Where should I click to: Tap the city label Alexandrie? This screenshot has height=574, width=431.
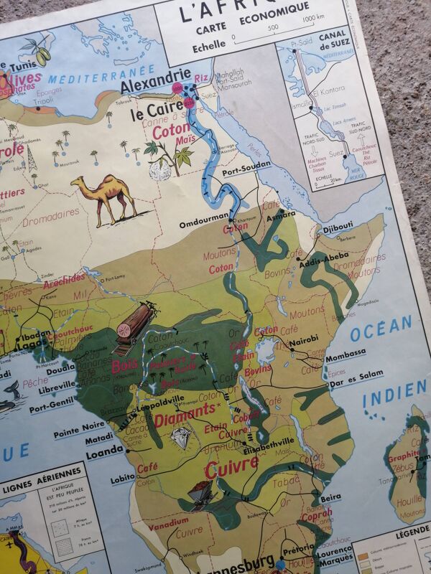156,86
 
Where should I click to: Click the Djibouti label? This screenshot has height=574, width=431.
338,227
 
